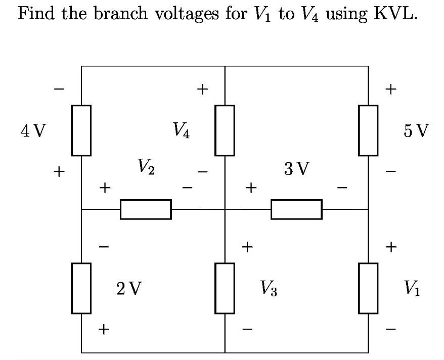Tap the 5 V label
click(417, 131)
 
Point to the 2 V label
click(129, 289)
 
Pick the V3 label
click(268, 289)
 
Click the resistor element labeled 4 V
click(81, 130)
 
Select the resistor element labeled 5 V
click(368, 130)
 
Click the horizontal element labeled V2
click(146, 209)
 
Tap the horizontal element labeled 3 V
click(296, 209)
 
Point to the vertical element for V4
click(225, 130)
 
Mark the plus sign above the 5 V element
click(390, 90)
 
